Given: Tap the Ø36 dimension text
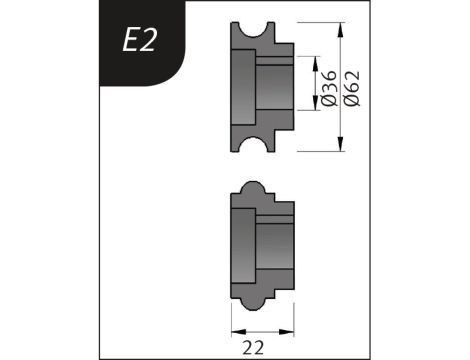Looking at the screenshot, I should [x=323, y=85].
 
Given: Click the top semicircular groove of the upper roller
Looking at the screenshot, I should [x=261, y=27].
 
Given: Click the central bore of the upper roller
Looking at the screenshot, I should [x=275, y=89].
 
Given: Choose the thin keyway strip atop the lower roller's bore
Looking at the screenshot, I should [x=275, y=217].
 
